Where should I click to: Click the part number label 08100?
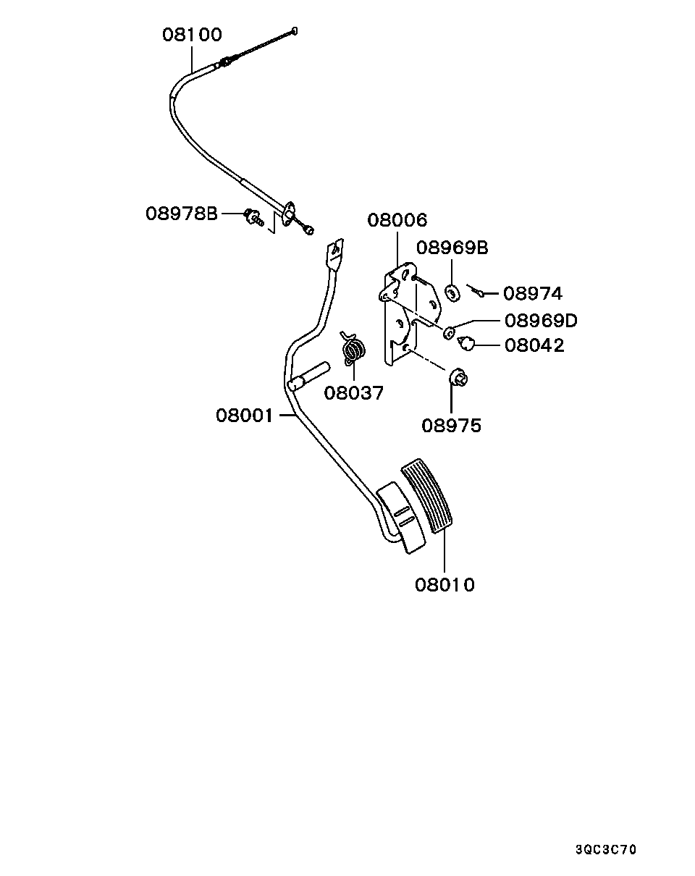(x=192, y=35)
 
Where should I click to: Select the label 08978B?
(x=182, y=214)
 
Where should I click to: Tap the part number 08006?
(x=397, y=220)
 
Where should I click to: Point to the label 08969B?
(x=452, y=248)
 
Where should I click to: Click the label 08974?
(x=533, y=293)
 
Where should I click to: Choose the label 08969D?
(x=541, y=321)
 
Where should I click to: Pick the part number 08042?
(x=534, y=345)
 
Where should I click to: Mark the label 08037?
(x=354, y=393)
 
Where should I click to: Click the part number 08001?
(x=244, y=416)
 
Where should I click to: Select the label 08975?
(x=451, y=426)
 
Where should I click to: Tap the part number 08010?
(x=445, y=585)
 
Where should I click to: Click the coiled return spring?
(x=353, y=349)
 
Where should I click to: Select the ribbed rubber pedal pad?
(x=427, y=496)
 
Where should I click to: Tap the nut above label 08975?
(x=458, y=378)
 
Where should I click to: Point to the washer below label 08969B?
(x=452, y=293)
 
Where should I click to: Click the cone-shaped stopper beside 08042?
(x=466, y=342)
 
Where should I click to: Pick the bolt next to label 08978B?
(x=253, y=217)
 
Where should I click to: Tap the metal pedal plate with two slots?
(x=400, y=518)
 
